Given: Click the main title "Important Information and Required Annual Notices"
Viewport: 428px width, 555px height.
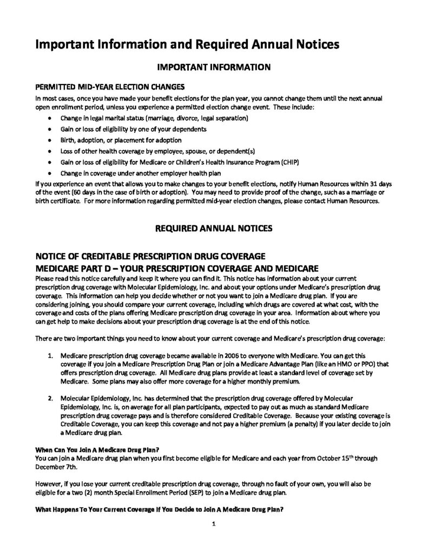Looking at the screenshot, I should pyautogui.click(x=187, y=44).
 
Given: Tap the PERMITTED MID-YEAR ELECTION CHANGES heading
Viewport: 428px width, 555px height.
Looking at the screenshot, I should pyautogui.click(x=110, y=87).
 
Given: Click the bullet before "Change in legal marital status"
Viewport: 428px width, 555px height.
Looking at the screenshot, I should pyautogui.click(x=50, y=118).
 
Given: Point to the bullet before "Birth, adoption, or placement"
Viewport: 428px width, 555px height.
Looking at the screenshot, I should pyautogui.click(x=50, y=140).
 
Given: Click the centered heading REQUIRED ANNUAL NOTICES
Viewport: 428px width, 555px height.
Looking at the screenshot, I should pyautogui.click(x=213, y=229).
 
